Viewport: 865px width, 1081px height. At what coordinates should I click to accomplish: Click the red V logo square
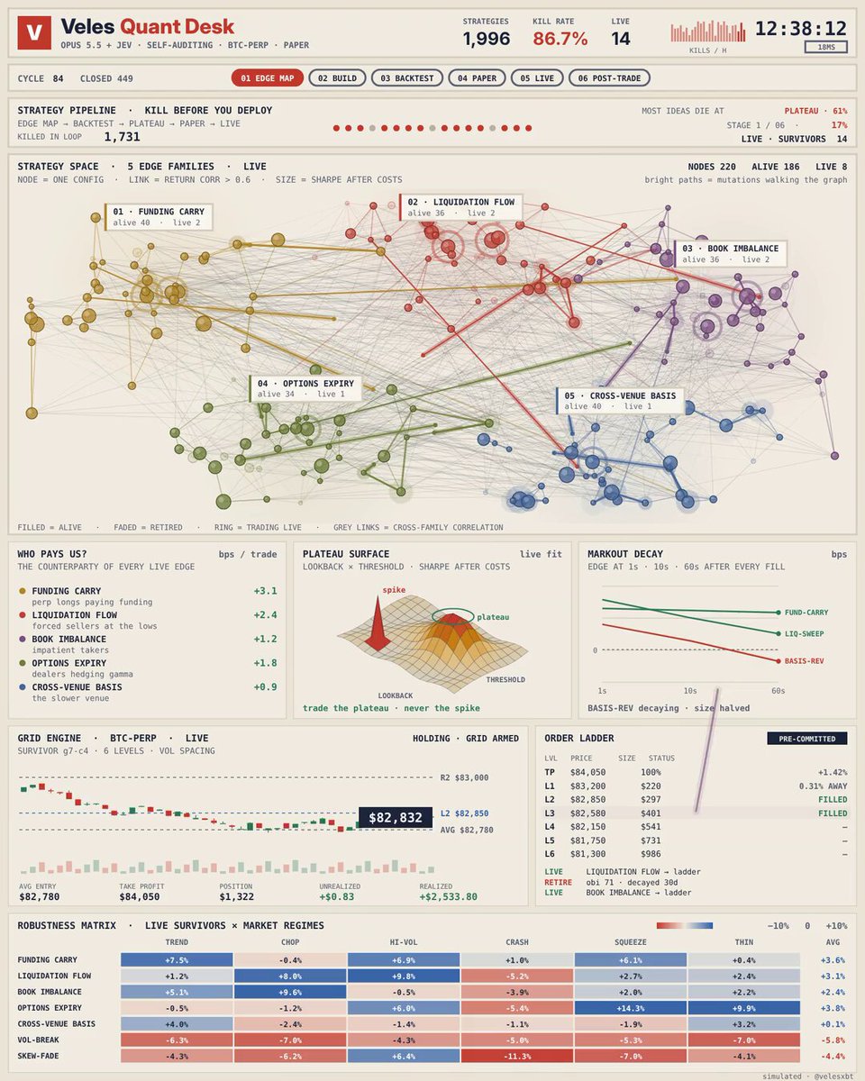click(x=34, y=32)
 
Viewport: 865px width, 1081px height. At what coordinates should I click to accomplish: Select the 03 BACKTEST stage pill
click(x=406, y=78)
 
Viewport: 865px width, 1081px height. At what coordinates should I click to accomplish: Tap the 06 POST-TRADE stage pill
click(x=609, y=78)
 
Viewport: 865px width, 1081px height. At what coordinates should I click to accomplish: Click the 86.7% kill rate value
click(x=560, y=39)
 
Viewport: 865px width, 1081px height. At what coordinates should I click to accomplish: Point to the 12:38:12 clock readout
click(x=801, y=29)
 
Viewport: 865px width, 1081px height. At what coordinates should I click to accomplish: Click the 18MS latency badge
click(x=825, y=47)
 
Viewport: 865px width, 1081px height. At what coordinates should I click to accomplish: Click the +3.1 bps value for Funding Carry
click(x=266, y=591)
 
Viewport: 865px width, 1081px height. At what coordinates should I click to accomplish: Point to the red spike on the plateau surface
click(x=378, y=622)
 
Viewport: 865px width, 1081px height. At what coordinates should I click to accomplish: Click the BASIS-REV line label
click(x=805, y=661)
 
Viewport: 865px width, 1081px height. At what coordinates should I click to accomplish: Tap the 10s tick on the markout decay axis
click(x=690, y=691)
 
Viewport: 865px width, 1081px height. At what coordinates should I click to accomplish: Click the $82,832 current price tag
click(x=396, y=817)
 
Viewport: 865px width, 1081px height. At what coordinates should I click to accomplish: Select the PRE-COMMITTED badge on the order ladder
click(x=807, y=739)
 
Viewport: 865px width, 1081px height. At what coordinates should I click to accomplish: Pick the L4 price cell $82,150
click(x=588, y=826)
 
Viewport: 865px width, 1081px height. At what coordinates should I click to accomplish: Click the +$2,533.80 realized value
click(x=449, y=896)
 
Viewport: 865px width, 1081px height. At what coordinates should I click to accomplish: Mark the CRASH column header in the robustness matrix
click(x=517, y=942)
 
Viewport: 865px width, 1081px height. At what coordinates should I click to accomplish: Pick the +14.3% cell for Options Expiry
click(x=631, y=1008)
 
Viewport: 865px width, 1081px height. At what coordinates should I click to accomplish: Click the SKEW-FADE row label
click(x=38, y=1056)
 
